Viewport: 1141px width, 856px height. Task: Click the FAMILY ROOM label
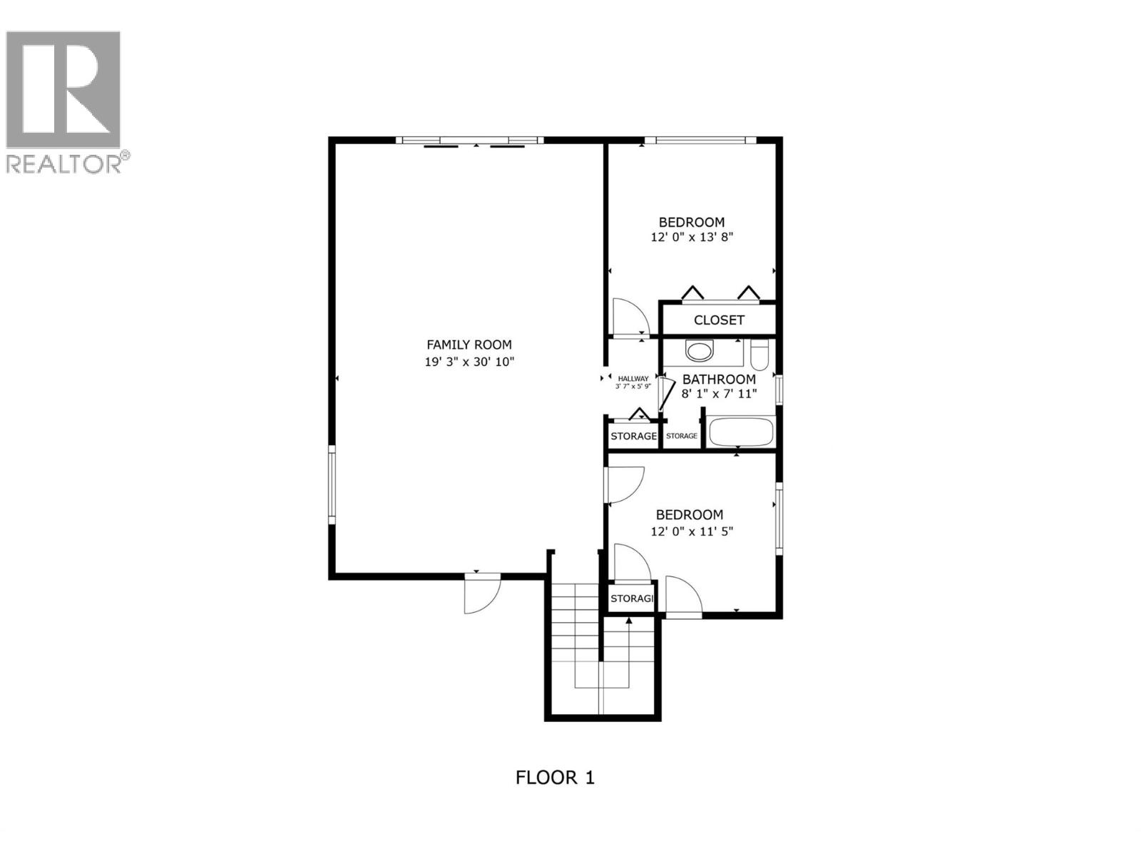coord(469,345)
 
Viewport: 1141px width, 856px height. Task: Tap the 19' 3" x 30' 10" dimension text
coord(469,362)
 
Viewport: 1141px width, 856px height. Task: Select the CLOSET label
coord(719,320)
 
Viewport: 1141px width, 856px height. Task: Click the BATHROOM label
coord(719,379)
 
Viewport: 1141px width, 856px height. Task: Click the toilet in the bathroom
coord(760,355)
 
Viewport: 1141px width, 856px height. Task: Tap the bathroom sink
coord(699,351)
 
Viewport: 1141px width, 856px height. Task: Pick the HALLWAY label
coord(633,379)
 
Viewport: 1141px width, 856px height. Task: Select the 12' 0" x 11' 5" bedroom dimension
coord(692,531)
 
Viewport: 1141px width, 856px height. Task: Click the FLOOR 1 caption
coord(555,777)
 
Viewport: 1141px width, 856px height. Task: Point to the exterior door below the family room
coord(482,595)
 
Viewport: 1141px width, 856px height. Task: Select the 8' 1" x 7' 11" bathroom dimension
coord(719,394)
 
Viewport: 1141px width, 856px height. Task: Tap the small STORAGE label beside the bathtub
coord(682,436)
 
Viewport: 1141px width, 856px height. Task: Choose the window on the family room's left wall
coord(332,484)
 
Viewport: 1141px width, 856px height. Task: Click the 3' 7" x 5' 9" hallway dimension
coord(633,387)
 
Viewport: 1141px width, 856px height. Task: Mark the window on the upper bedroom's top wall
coord(701,140)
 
